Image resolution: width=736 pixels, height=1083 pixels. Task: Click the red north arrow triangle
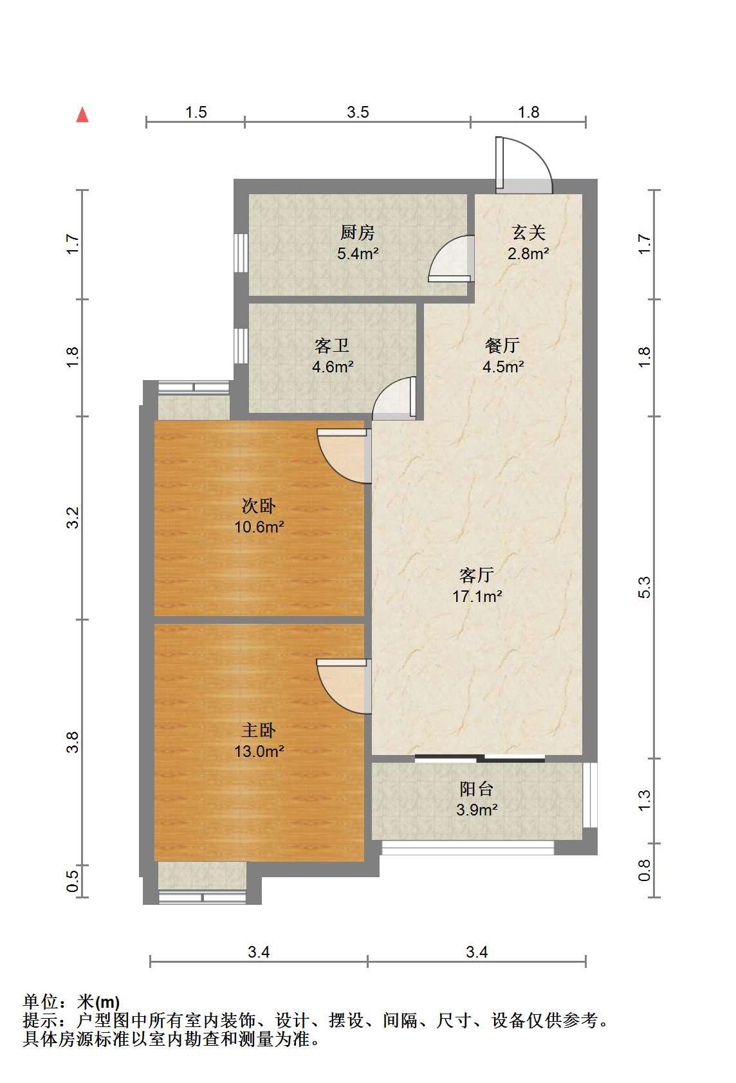83,115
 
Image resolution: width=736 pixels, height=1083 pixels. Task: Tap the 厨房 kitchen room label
357,233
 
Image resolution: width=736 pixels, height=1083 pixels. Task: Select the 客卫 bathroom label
332,346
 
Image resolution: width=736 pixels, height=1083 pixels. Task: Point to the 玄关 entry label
529,233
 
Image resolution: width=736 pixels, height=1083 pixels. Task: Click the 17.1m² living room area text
477,596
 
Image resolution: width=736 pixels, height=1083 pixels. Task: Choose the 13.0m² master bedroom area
259,751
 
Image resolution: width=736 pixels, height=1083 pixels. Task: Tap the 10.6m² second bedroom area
259,527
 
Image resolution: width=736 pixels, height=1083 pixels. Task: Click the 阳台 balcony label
476,788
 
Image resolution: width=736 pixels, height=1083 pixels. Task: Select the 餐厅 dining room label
502,346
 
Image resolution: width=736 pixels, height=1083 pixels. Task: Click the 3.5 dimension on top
358,112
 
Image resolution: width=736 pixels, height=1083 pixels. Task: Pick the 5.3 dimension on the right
645,587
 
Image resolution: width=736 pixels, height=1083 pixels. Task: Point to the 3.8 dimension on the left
72,742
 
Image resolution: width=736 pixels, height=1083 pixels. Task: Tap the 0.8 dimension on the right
645,870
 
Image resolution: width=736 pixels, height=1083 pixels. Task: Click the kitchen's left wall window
241,253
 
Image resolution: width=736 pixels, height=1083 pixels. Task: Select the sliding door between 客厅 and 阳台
480,758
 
